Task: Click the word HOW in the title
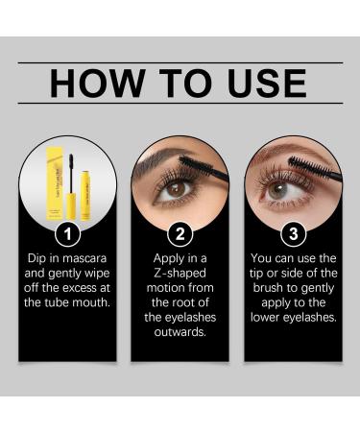point(95,84)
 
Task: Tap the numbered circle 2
point(180,232)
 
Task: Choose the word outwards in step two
point(180,331)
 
